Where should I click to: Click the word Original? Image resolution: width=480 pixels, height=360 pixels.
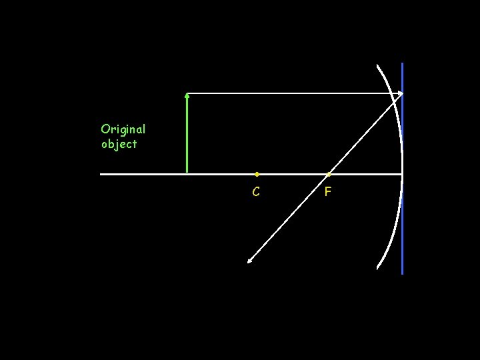click(x=123, y=129)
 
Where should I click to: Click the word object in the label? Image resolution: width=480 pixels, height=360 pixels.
click(x=119, y=144)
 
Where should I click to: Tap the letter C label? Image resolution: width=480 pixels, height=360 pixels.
click(x=256, y=192)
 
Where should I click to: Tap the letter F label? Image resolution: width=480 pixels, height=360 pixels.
click(x=327, y=192)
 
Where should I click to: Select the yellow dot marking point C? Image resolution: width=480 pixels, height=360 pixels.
click(x=257, y=174)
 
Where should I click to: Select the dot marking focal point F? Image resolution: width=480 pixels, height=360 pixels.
click(x=328, y=174)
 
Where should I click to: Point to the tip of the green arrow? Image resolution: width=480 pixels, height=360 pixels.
click(x=187, y=95)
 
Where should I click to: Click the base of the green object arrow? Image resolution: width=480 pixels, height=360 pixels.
click(x=187, y=172)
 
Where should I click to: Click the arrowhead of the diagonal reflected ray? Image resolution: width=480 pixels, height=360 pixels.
click(x=249, y=261)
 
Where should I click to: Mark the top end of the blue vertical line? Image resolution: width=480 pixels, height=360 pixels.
click(x=403, y=63)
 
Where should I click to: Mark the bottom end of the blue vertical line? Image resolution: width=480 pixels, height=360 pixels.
click(x=403, y=273)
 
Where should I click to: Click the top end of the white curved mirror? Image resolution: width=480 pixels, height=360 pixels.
click(x=377, y=65)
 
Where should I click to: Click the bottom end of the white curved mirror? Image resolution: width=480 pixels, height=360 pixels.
click(x=378, y=268)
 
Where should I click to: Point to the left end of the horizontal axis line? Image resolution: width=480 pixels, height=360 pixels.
click(x=101, y=174)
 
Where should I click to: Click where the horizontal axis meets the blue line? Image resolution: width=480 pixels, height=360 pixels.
click(x=403, y=174)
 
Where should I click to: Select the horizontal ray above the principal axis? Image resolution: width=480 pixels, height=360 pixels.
click(x=293, y=93)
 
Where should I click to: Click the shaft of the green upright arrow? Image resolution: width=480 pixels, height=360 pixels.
click(x=187, y=133)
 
